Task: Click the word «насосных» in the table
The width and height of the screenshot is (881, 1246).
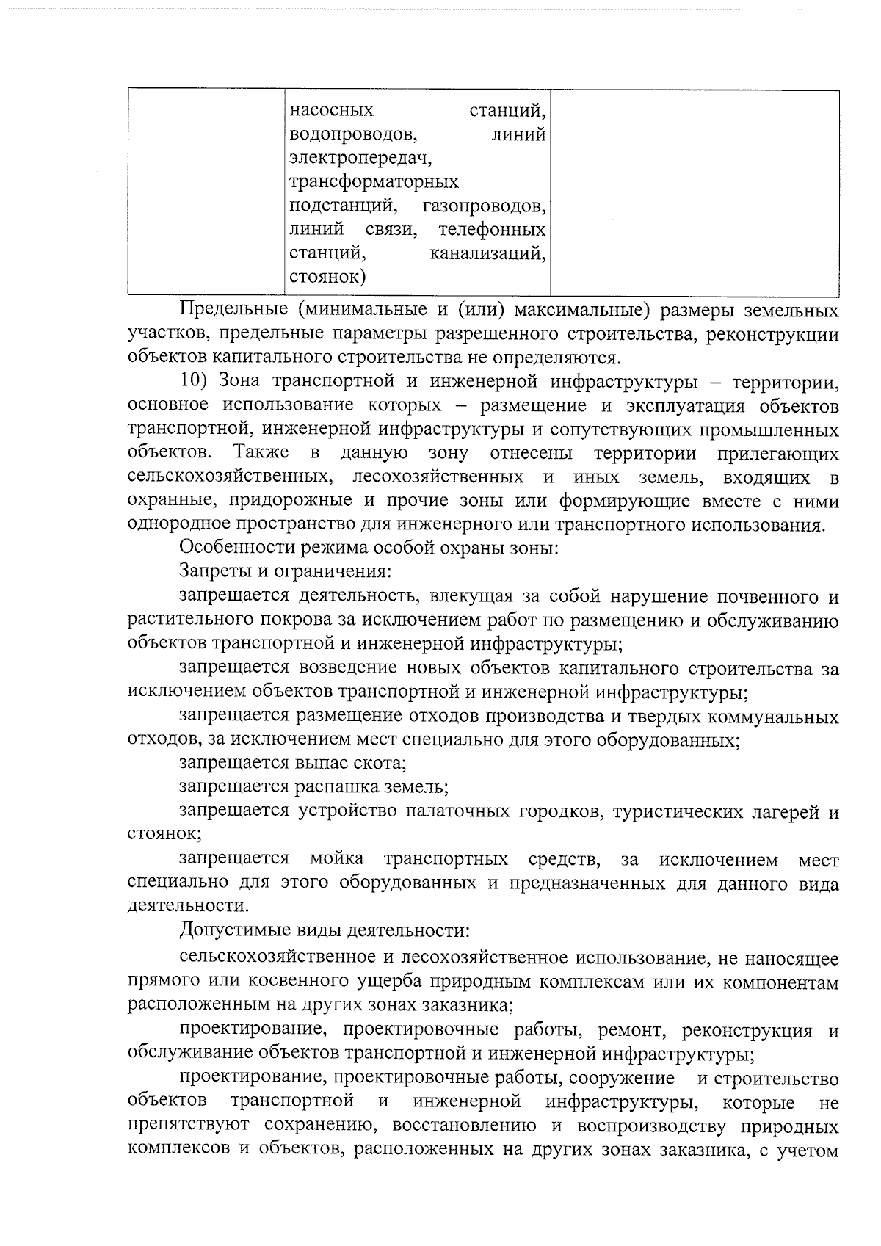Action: [332, 111]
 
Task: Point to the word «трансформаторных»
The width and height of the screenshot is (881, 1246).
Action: [374, 182]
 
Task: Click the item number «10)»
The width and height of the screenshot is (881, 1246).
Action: [195, 382]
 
